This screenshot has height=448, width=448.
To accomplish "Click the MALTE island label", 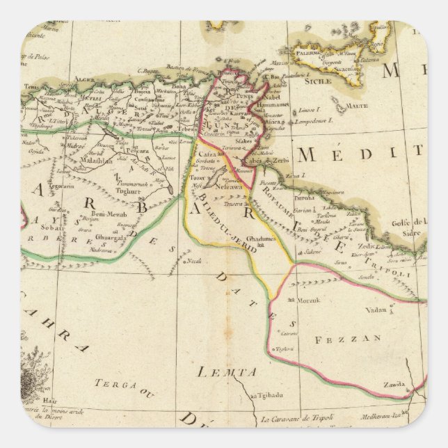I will coord(357,106).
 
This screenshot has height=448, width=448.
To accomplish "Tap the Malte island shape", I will coord(339,106).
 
